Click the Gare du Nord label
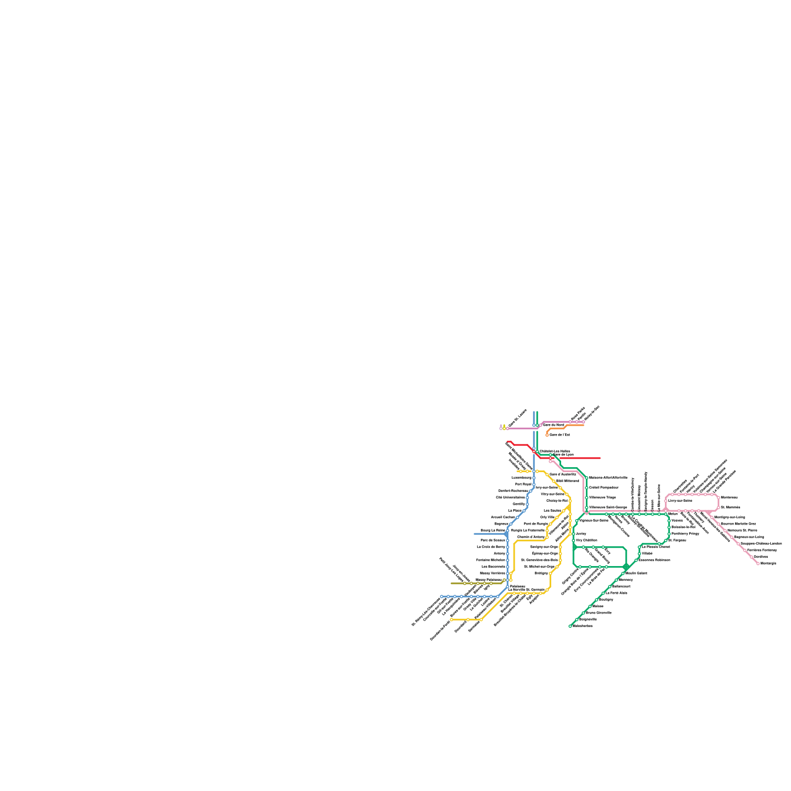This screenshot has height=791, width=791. (553, 425)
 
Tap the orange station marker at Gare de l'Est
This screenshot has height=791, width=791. (547, 435)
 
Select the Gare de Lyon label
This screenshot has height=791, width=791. (563, 454)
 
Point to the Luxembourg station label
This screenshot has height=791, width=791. (521, 478)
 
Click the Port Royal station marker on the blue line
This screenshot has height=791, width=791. (534, 484)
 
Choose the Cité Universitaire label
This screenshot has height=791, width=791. (510, 497)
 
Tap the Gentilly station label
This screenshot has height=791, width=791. (519, 504)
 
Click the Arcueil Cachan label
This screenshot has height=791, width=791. (503, 517)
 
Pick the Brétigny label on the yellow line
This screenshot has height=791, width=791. (541, 573)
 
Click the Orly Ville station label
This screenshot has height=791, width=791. (547, 517)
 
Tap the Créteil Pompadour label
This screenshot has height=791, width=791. (604, 487)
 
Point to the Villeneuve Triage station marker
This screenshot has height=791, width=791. (586, 497)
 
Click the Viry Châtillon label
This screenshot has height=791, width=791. (586, 540)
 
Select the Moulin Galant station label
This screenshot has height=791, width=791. (636, 573)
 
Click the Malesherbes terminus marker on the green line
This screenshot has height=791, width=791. (570, 626)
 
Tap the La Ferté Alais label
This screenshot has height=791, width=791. (616, 593)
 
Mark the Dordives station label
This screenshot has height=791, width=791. (761, 557)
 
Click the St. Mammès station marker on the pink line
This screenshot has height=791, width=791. (718, 507)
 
